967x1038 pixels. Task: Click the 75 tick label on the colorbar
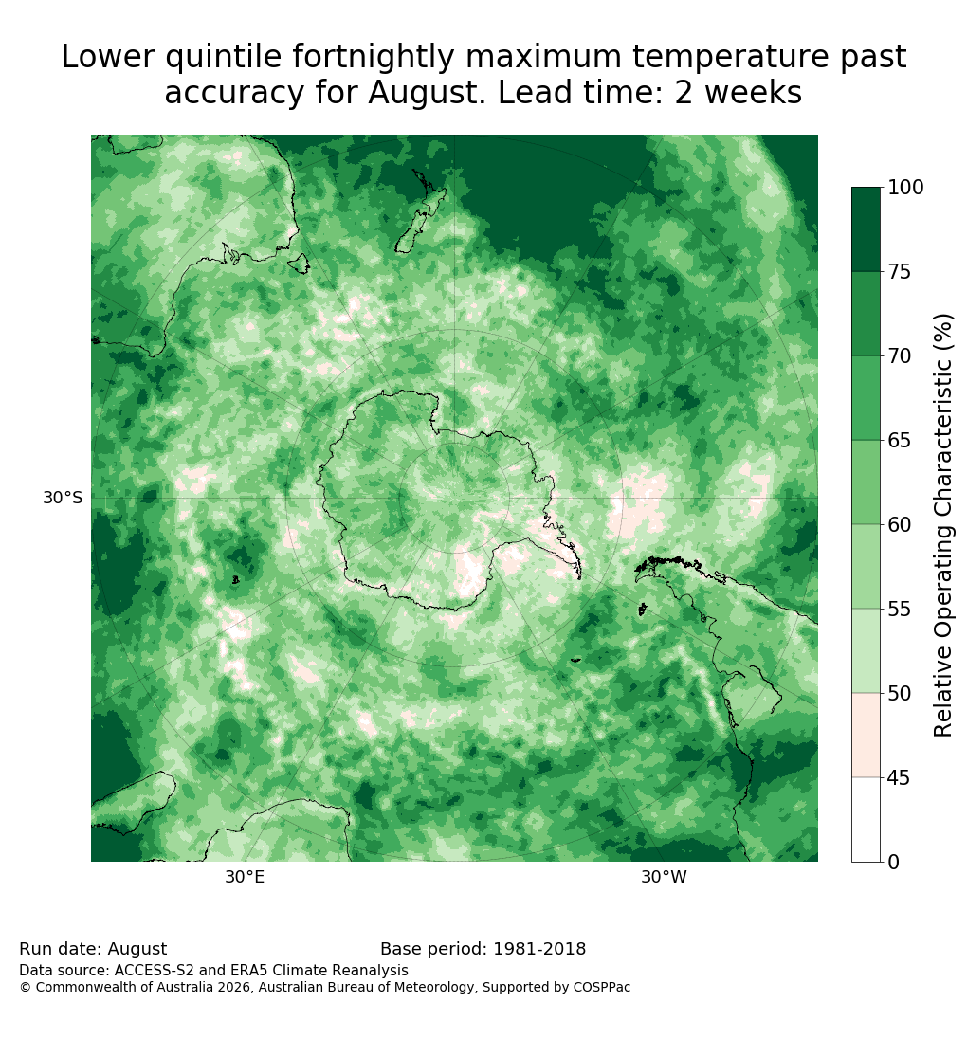(899, 271)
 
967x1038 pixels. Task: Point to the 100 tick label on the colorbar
(904, 188)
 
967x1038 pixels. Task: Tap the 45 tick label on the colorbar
(899, 778)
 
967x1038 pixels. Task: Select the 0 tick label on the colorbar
(893, 862)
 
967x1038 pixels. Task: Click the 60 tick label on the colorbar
(899, 524)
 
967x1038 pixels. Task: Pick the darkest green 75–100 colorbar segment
(866, 229)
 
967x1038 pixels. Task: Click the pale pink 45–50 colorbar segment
(866, 736)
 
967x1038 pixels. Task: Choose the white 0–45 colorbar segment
(866, 820)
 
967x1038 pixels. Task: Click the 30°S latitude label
(63, 497)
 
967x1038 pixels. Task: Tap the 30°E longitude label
(245, 877)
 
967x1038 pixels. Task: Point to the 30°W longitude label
(664, 877)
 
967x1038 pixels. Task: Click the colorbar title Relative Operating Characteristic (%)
(942, 525)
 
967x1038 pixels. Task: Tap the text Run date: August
(93, 949)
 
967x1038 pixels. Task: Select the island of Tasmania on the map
(300, 263)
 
